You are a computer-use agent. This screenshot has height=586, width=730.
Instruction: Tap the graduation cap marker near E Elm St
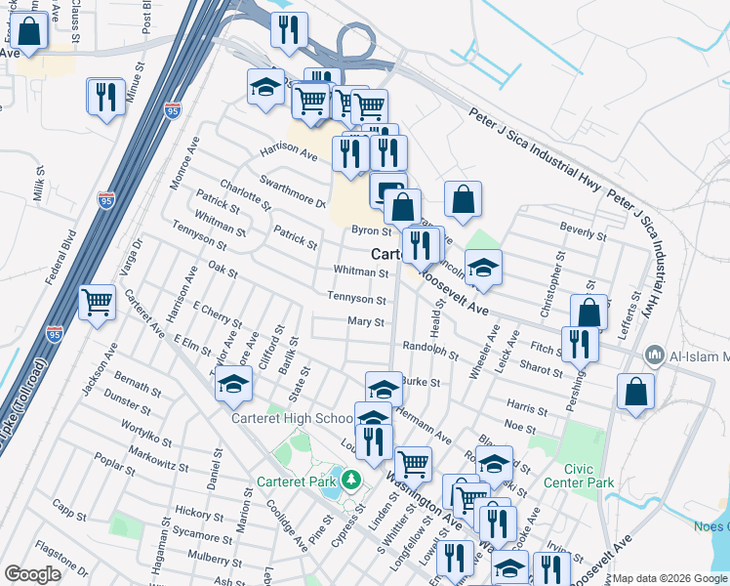(x=234, y=387)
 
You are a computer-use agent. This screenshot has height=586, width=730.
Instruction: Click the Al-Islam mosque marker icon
(x=655, y=356)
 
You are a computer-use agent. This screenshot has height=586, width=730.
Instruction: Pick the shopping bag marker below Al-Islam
(x=635, y=392)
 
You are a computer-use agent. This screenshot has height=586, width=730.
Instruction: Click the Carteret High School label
(x=292, y=419)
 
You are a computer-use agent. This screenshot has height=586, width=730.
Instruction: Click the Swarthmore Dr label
(x=292, y=190)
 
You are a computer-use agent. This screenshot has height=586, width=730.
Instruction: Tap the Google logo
(x=32, y=574)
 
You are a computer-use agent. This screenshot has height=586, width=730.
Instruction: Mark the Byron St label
(x=371, y=231)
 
